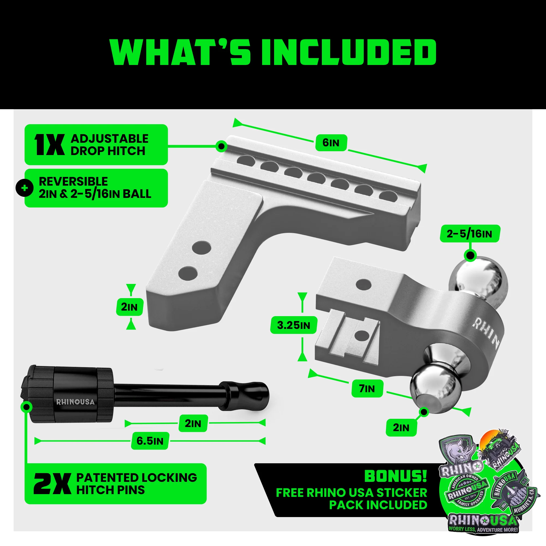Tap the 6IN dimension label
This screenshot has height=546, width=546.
(x=331, y=143)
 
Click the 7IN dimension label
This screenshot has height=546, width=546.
(x=367, y=388)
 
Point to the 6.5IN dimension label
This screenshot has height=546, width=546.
(x=150, y=441)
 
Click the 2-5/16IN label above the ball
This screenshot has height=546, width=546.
(x=469, y=234)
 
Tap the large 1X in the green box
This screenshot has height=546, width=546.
(x=49, y=145)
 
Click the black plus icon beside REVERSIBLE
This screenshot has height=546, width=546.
(x=25, y=188)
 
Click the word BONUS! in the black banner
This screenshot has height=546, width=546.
(x=395, y=476)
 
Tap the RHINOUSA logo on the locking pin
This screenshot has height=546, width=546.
(x=75, y=402)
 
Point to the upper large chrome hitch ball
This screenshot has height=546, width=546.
(x=477, y=278)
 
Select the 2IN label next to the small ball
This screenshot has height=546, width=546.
(x=401, y=428)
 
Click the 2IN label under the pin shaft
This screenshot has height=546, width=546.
(x=193, y=423)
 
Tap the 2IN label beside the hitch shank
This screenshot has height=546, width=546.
(x=129, y=307)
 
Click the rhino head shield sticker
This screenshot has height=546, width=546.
(x=459, y=452)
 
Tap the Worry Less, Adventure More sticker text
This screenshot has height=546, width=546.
(x=483, y=529)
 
